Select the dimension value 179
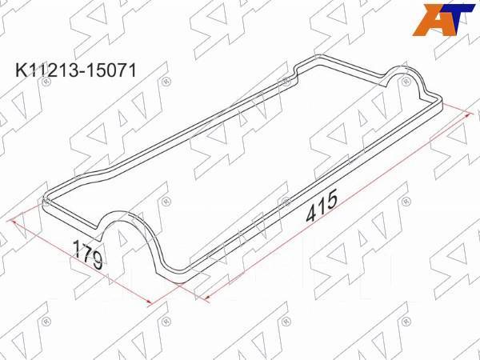pyautogui.click(x=87, y=254)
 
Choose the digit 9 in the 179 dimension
pyautogui.click(x=95, y=261)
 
